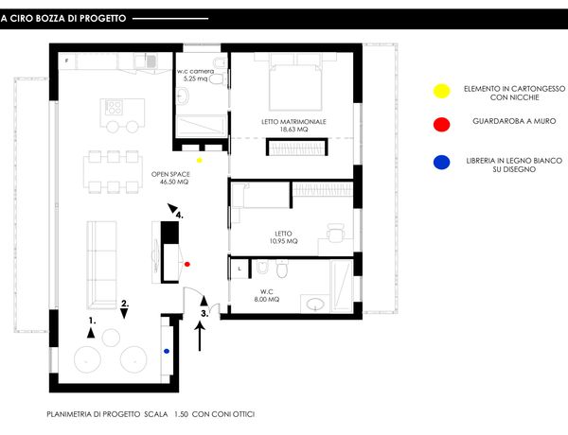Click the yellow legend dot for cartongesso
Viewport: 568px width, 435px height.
tap(441, 91)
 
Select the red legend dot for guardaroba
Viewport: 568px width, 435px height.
tap(441, 125)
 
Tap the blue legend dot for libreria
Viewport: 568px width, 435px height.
tap(441, 162)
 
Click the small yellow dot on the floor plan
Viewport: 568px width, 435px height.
tap(199, 161)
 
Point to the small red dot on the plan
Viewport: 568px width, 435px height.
tap(186, 264)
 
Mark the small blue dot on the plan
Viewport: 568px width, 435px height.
tap(167, 351)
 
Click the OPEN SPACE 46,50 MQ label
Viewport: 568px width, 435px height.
tap(170, 178)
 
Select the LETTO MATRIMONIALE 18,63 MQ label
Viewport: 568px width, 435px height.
tap(293, 125)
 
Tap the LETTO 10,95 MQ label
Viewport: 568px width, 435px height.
tap(284, 237)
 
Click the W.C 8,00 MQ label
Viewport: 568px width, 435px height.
tap(267, 295)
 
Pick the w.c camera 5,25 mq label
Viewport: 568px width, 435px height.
tap(196, 75)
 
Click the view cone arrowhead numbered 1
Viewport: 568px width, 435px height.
tap(91, 333)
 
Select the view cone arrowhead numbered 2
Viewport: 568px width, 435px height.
tap(124, 313)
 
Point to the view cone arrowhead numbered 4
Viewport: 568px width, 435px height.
tap(172, 208)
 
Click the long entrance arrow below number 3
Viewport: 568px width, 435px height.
tap(200, 337)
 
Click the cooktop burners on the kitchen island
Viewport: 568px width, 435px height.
tap(114, 108)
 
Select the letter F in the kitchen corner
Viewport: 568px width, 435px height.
tap(66, 61)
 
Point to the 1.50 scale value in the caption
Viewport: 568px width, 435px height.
tap(181, 414)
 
